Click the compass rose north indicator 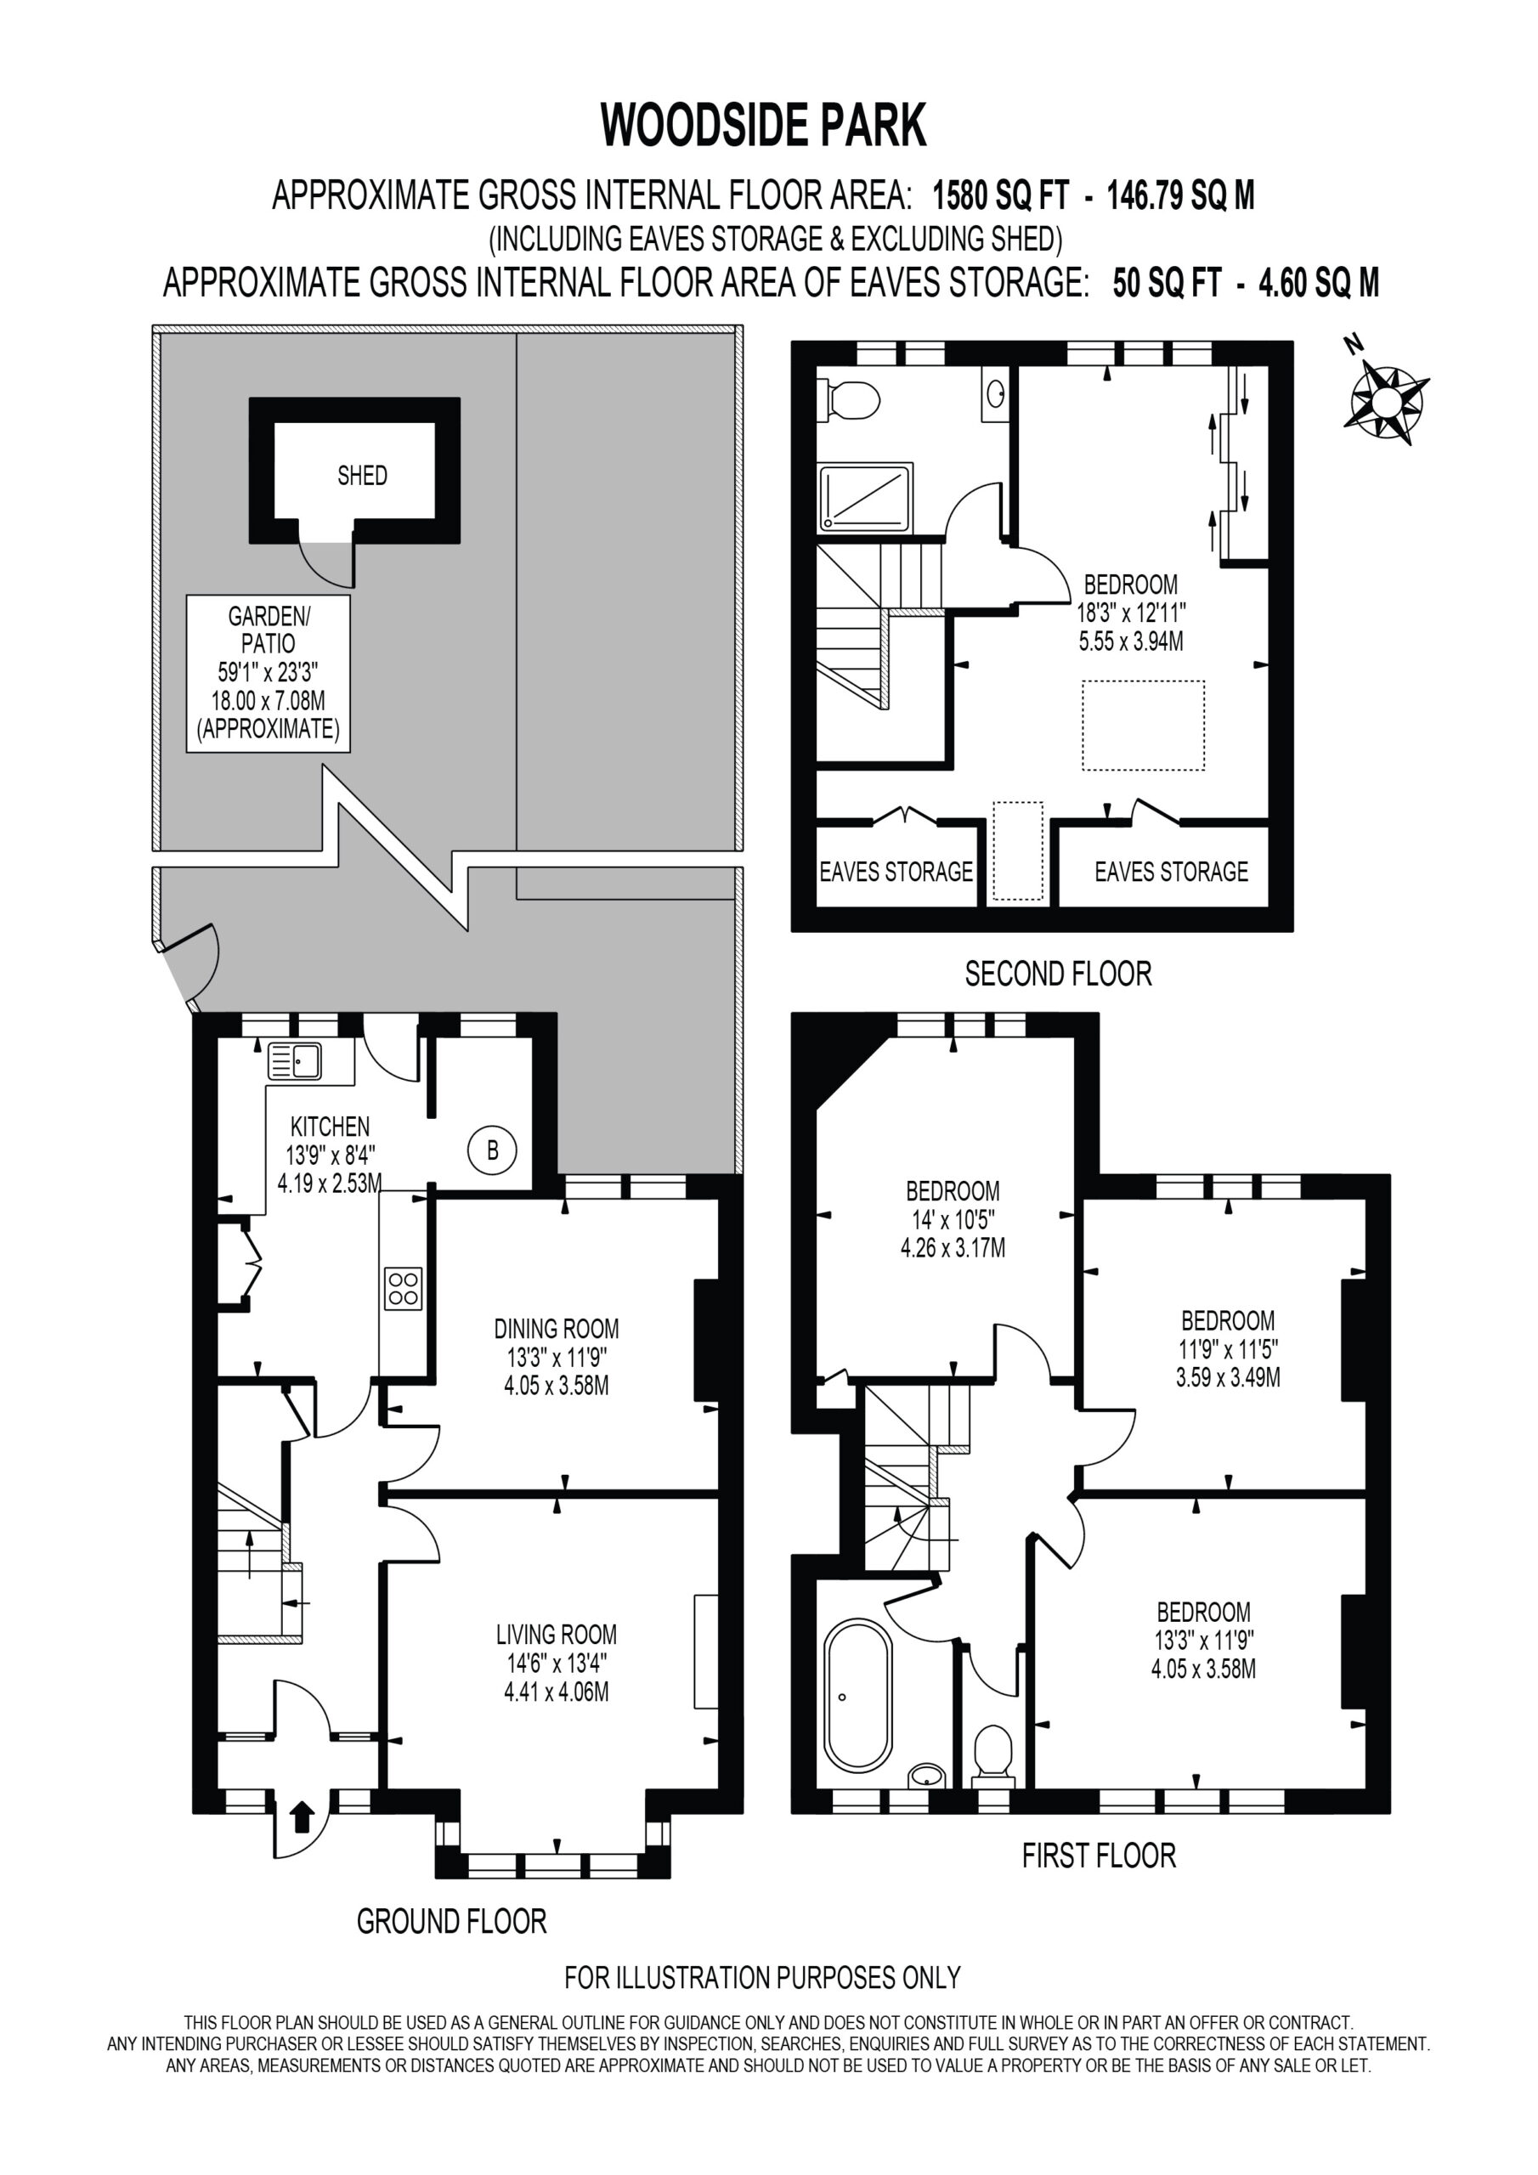(x=1385, y=398)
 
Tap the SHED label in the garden (x=362, y=476)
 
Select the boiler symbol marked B (x=492, y=1150)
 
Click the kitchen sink (x=295, y=1060)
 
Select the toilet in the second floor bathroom (x=847, y=400)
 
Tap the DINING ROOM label (x=557, y=1329)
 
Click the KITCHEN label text (x=330, y=1127)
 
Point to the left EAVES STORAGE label (x=896, y=872)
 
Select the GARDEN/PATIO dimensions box (x=269, y=674)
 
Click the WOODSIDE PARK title (x=764, y=126)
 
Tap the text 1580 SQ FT (x=1001, y=196)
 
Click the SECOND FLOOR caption (x=1059, y=974)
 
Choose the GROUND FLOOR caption (x=452, y=1921)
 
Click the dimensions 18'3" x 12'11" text (x=1130, y=613)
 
